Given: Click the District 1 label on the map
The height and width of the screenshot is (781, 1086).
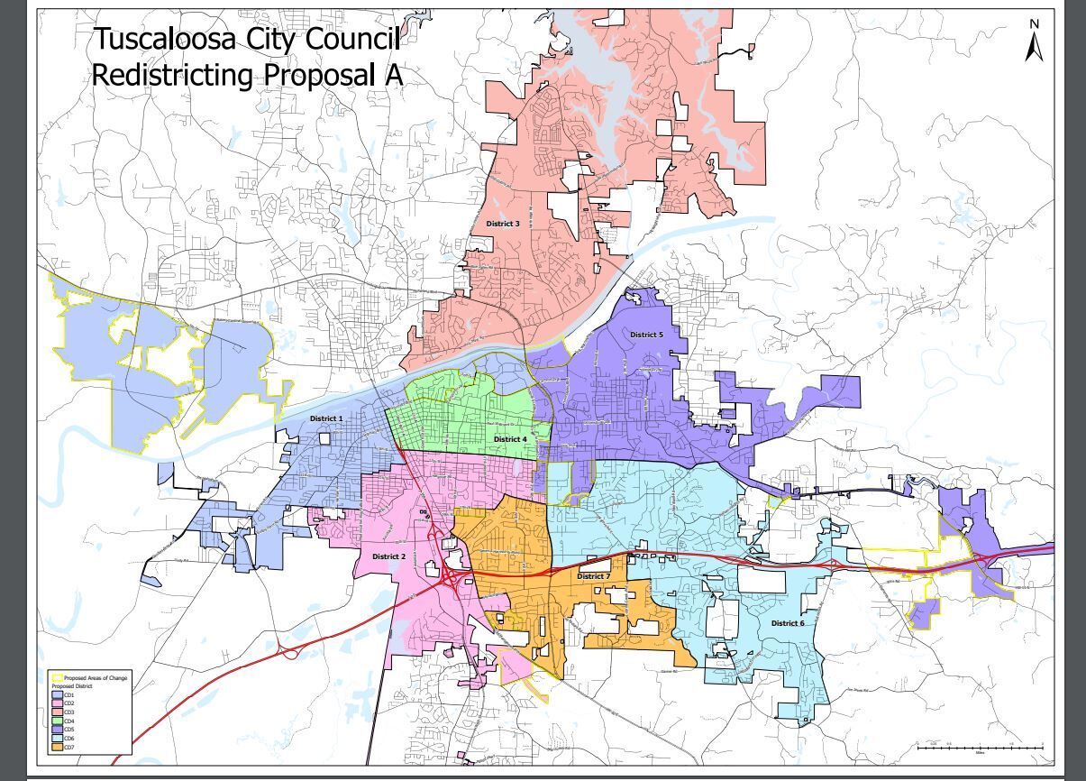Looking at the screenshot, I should pyautogui.click(x=326, y=419).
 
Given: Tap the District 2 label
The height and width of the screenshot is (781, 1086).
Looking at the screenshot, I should pyautogui.click(x=389, y=556).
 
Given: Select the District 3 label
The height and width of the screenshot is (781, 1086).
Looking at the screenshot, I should pyautogui.click(x=503, y=223).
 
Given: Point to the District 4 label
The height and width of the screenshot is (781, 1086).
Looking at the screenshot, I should pyautogui.click(x=510, y=439).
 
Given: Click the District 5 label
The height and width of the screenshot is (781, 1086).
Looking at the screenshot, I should pyautogui.click(x=646, y=335).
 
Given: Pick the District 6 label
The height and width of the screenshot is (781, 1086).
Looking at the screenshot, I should pyautogui.click(x=788, y=623).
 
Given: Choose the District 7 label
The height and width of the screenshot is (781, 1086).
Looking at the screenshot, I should pyautogui.click(x=594, y=576).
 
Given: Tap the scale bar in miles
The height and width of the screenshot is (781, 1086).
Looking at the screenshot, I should pyautogui.click(x=980, y=747).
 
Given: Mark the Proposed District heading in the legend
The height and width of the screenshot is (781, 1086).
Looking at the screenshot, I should pyautogui.click(x=72, y=686).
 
